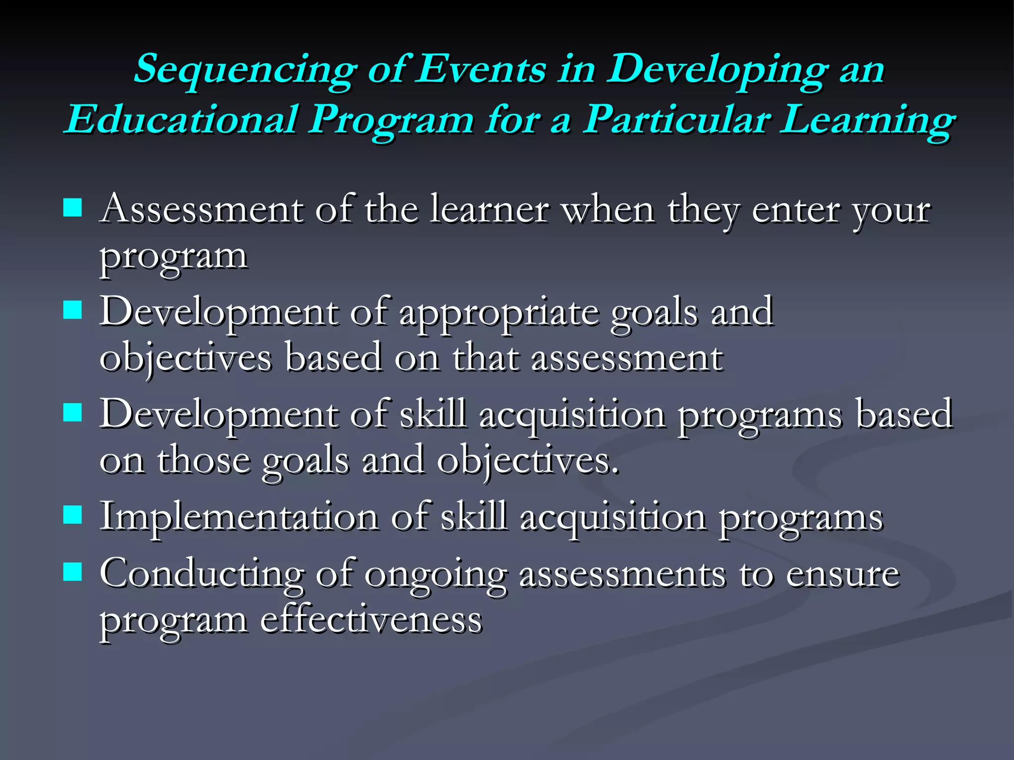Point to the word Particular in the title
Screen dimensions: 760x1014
click(x=676, y=120)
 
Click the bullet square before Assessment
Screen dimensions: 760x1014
click(x=73, y=208)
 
